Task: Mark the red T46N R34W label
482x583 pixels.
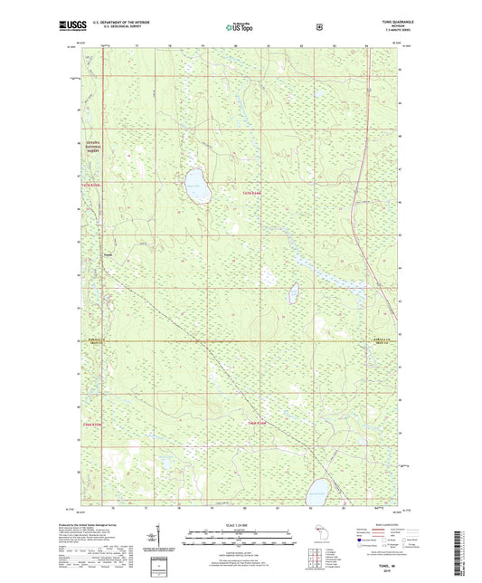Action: tap(258, 423)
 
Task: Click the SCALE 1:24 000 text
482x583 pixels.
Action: tap(241, 526)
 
